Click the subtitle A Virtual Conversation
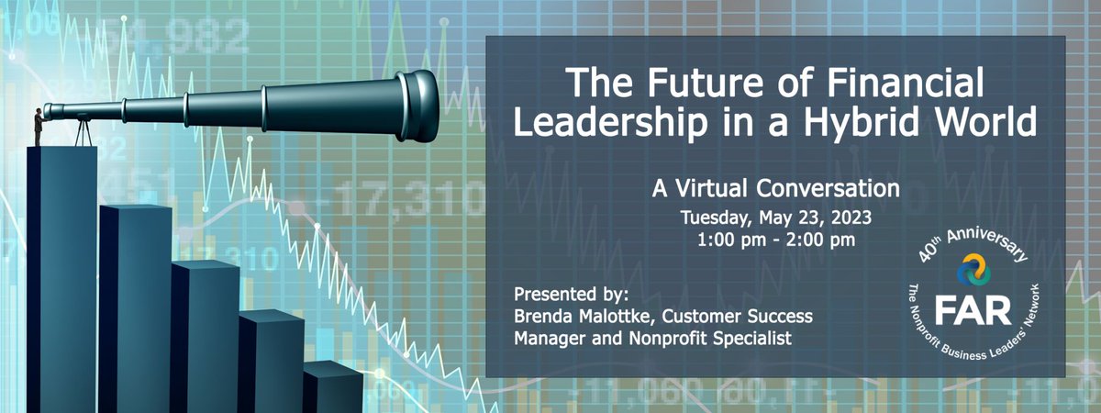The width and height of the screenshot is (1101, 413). pos(775,189)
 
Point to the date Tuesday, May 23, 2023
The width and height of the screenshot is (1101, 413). pos(775,219)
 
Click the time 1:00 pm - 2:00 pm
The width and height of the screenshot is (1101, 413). pos(775,242)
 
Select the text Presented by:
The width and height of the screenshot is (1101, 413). pos(573,296)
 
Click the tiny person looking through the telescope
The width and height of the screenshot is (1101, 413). pos(38,127)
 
